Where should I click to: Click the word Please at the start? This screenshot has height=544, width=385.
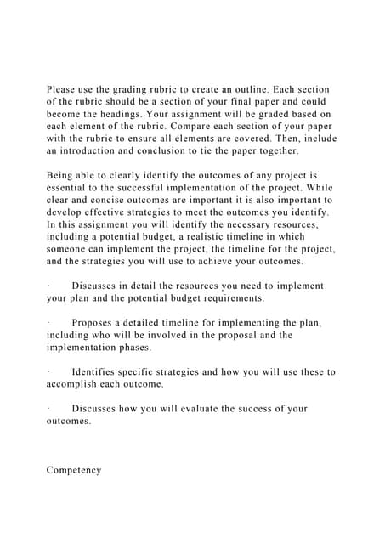click(x=65, y=89)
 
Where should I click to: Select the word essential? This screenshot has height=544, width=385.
click(x=70, y=188)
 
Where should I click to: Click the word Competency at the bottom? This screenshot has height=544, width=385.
click(x=74, y=470)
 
